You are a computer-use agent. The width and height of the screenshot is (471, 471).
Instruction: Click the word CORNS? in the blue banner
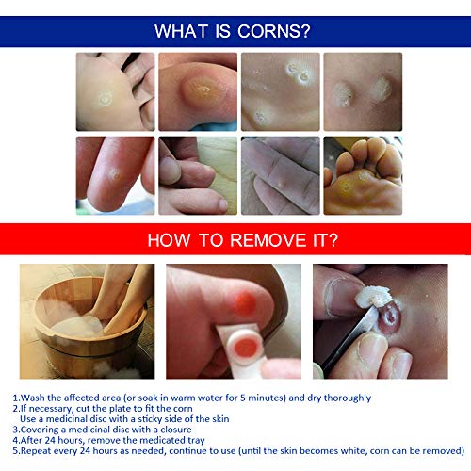point(278,32)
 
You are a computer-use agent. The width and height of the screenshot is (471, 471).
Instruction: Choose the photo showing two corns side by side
point(363,90)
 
